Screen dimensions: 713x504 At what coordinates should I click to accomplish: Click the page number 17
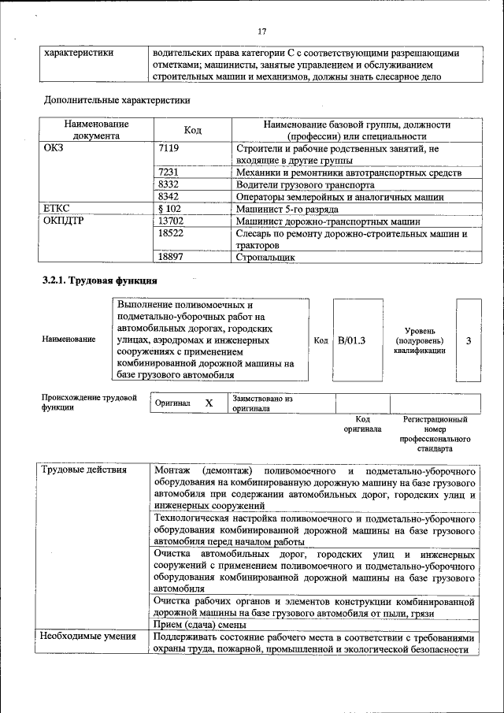click(x=262, y=32)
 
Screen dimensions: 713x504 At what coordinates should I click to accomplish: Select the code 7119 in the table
click(x=169, y=148)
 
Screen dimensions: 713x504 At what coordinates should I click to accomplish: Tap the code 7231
click(x=169, y=173)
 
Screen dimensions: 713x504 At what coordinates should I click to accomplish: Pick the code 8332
click(x=169, y=184)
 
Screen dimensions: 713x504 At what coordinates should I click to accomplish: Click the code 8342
click(x=169, y=196)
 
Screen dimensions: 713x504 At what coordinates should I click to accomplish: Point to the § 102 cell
click(x=169, y=209)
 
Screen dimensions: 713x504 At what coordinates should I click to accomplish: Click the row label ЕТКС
click(x=59, y=209)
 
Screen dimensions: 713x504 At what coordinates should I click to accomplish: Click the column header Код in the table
click(x=193, y=130)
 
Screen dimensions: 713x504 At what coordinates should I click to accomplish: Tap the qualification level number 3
click(x=469, y=340)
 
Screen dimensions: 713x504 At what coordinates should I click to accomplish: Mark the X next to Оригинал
click(x=209, y=403)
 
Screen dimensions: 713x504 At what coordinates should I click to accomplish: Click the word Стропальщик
click(x=265, y=257)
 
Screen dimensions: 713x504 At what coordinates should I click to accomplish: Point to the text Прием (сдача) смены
click(x=201, y=625)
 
